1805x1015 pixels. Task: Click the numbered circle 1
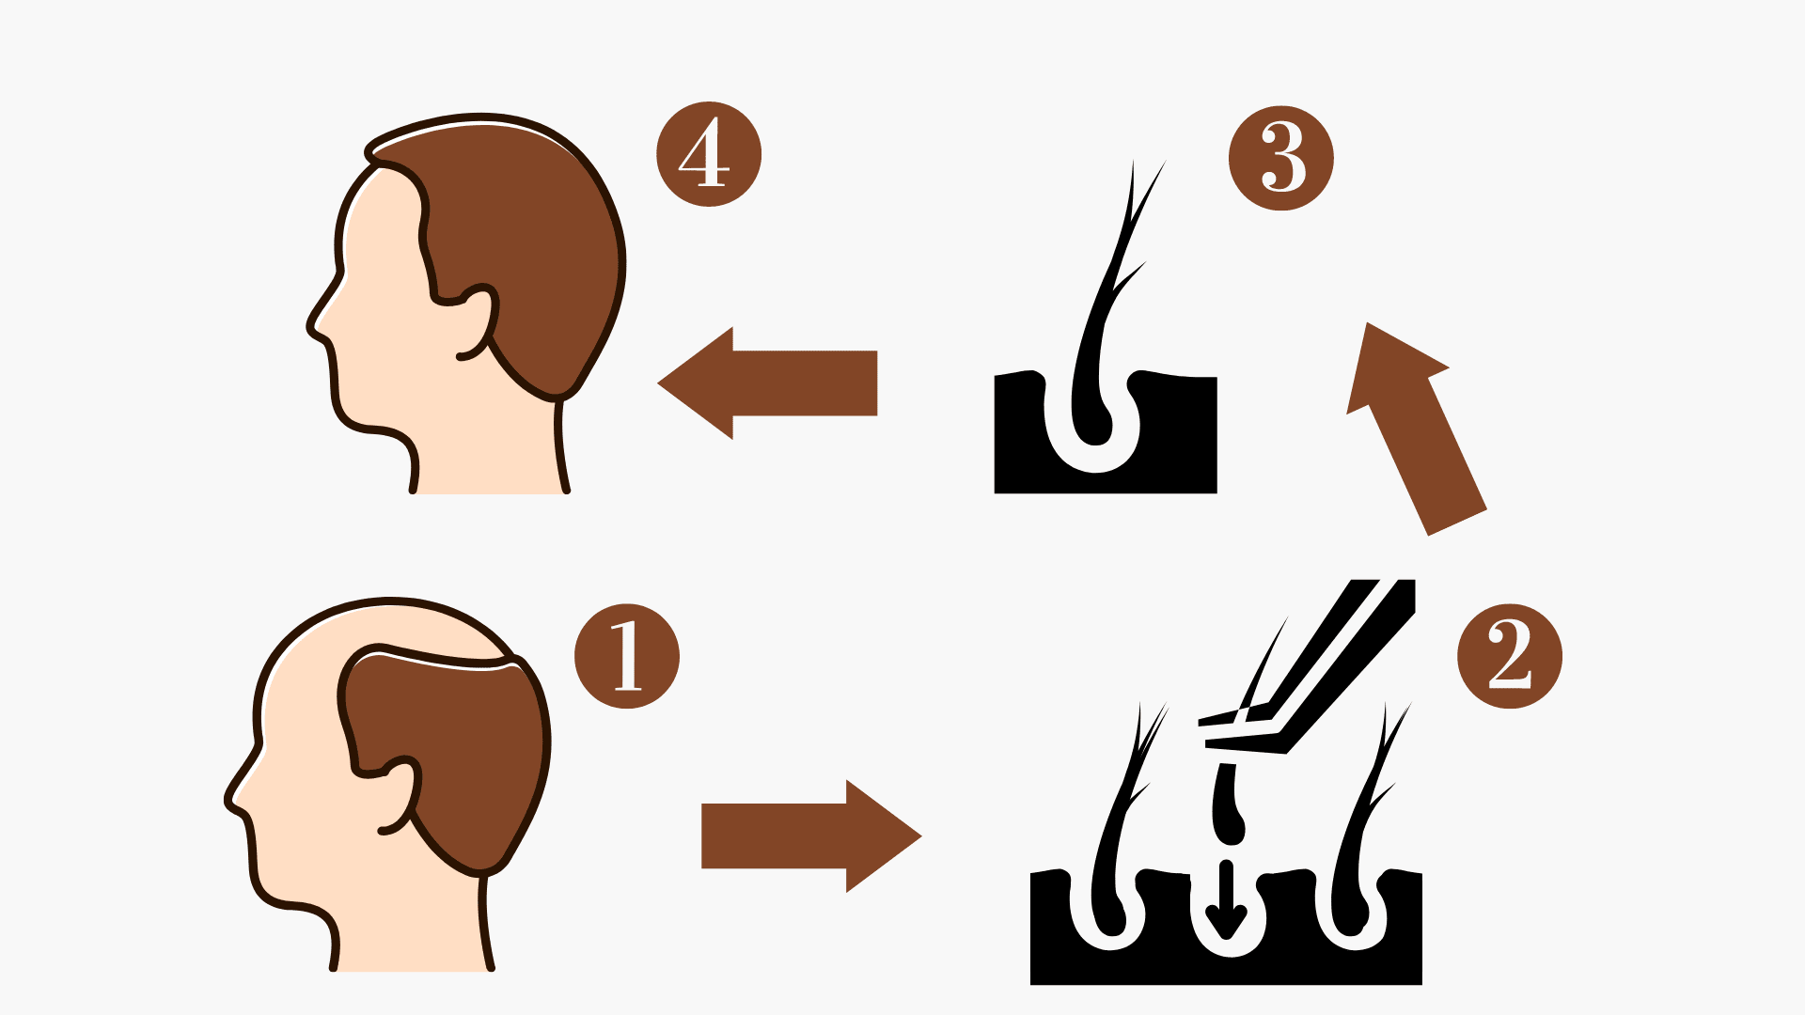tap(627, 656)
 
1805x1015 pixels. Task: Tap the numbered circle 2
tap(1510, 656)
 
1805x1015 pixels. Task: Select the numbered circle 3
tap(1281, 158)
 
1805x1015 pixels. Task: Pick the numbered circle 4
tap(709, 154)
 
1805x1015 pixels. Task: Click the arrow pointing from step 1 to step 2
tap(811, 835)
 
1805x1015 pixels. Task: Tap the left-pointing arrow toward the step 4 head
tap(767, 383)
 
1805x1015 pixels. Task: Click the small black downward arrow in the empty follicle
tap(1226, 899)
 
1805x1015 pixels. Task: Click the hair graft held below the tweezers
tap(1227, 804)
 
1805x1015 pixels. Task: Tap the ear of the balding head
tap(399, 795)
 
